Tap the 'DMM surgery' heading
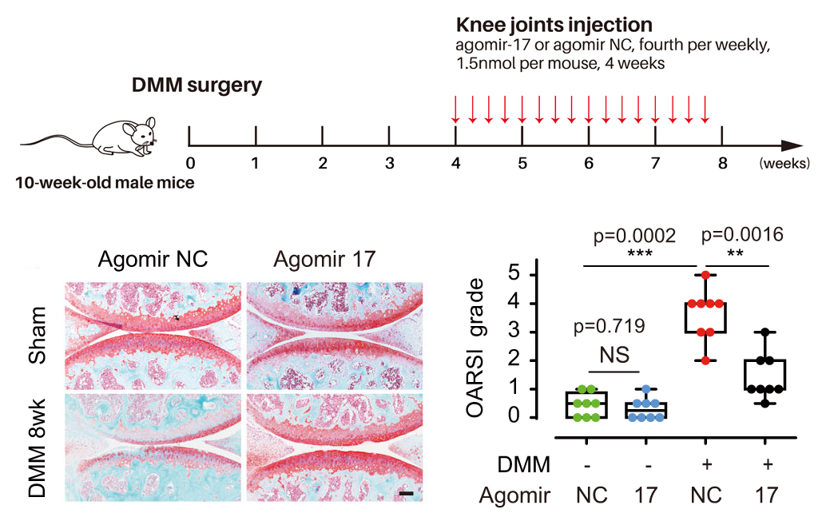197,85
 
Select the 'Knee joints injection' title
554,25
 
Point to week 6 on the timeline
589,164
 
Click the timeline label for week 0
190,164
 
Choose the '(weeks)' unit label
784,164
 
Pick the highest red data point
705,275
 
